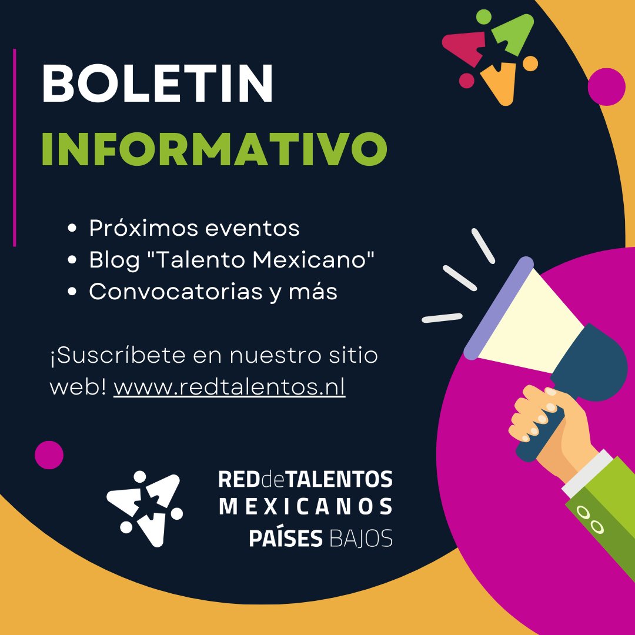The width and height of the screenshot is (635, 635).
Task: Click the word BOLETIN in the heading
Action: pos(157,83)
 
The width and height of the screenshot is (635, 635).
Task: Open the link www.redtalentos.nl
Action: pos(229,387)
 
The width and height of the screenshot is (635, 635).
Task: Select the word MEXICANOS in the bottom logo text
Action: pos(306,507)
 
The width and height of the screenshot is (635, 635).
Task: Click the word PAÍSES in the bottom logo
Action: pos(286,538)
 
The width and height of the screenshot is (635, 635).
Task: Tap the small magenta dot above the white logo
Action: pos(49,455)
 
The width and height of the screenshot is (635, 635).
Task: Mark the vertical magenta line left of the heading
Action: pos(14,147)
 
